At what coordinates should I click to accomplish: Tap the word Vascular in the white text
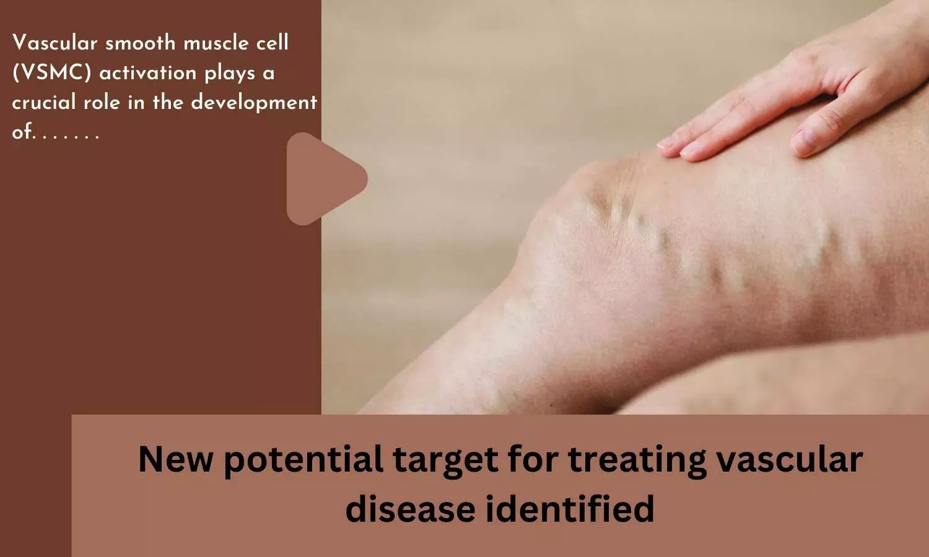[x=55, y=43]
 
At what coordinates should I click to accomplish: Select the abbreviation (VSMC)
[x=51, y=73]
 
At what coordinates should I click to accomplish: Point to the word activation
[x=147, y=73]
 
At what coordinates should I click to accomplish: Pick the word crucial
[x=44, y=102]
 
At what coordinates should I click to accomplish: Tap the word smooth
[x=141, y=43]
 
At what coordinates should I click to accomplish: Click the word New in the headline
[x=175, y=459]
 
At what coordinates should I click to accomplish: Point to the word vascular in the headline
[x=790, y=459]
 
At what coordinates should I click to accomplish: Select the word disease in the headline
[x=410, y=509]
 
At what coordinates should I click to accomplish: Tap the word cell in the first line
[x=269, y=43]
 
